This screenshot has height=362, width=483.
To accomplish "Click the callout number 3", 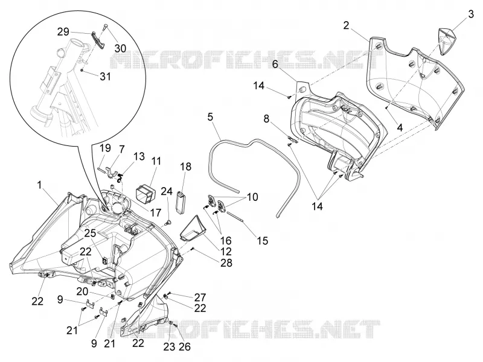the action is click(x=471, y=14).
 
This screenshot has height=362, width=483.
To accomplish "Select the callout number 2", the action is click(x=346, y=25).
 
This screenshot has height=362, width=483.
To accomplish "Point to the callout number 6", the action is click(x=275, y=65).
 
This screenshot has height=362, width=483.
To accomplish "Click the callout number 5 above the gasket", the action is click(x=210, y=117).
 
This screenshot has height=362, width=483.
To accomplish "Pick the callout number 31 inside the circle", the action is click(x=105, y=76).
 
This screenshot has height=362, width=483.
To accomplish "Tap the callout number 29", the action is click(x=63, y=32).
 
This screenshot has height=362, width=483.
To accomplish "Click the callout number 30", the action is click(x=120, y=48).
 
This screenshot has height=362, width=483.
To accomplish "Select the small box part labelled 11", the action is click(x=146, y=191).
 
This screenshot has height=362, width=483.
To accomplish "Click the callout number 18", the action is click(x=186, y=167).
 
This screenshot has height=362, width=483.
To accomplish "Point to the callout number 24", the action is click(x=167, y=191).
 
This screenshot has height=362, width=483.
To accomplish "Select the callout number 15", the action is click(x=263, y=240).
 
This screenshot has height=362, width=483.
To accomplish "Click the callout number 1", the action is click(x=39, y=185).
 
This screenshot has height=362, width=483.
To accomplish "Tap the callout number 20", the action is click(x=83, y=291).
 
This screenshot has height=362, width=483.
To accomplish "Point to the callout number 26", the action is click(x=185, y=347).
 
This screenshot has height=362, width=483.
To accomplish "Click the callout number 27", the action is click(x=200, y=297).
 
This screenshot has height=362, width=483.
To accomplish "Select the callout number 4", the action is click(x=400, y=127).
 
